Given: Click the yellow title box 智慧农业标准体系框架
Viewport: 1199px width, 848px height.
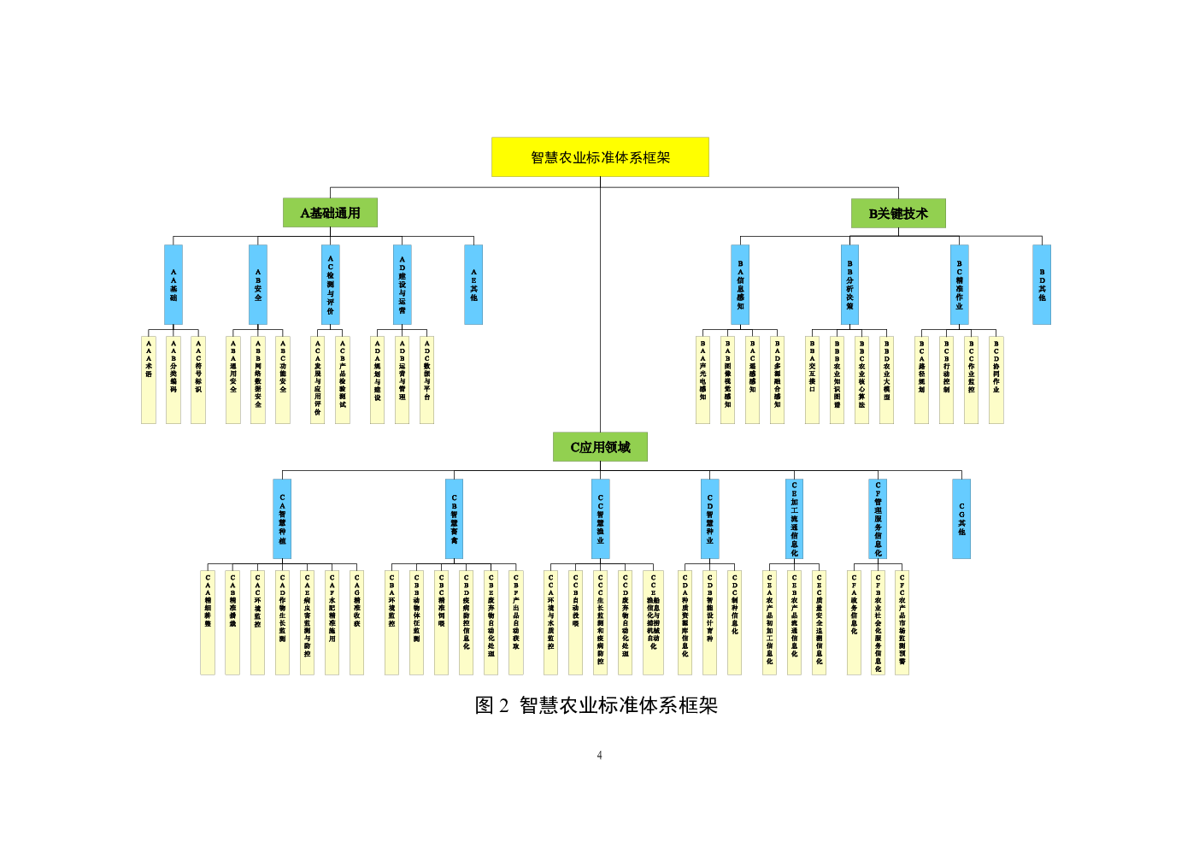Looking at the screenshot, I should click(600, 157).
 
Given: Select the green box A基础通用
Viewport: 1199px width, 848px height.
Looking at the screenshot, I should click(330, 213).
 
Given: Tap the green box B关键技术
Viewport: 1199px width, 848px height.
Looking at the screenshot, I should click(898, 214).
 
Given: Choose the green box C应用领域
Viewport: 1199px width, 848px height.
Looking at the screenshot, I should click(600, 447).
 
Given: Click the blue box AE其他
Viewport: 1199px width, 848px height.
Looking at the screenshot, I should click(473, 285).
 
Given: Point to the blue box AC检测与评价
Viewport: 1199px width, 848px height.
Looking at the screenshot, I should click(331, 285).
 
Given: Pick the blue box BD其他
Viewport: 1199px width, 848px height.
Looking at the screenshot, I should click(1042, 285).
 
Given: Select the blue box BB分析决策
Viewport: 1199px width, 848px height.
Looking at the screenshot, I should click(849, 285).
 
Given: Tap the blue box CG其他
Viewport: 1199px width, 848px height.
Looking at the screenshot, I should click(961, 519).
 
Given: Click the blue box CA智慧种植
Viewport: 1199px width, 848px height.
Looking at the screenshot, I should click(282, 519).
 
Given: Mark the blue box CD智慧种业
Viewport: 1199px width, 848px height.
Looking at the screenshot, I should click(709, 519).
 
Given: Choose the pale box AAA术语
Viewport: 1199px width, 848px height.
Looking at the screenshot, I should click(149, 380).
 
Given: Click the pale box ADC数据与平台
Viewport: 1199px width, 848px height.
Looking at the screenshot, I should click(427, 380).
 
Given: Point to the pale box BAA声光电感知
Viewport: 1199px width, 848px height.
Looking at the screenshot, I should click(702, 380).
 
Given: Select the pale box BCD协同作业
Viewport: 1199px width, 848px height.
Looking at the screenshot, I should click(996, 380).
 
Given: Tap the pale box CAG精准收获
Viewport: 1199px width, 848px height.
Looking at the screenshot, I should click(357, 622).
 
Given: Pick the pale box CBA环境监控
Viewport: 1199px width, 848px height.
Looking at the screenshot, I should click(391, 622).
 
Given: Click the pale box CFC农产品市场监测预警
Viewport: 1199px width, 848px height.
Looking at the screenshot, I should click(902, 622).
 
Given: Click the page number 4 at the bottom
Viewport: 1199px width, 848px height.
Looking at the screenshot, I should click(600, 756).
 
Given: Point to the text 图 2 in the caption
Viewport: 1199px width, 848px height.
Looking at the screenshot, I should click(491, 705).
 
